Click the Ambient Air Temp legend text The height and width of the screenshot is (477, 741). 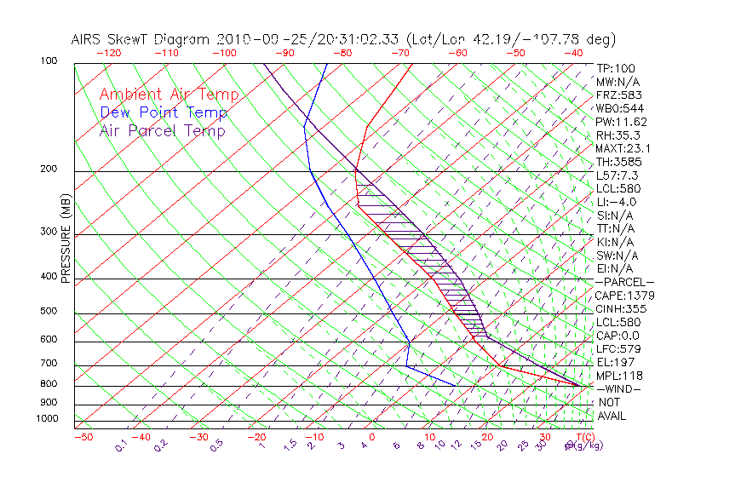[169, 95]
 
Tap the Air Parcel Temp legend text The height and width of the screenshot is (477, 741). [162, 130]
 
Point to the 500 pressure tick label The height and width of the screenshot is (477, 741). [49, 312]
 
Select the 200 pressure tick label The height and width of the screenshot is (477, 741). [49, 170]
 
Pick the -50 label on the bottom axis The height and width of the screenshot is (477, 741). [83, 438]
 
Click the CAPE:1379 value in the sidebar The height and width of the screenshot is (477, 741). [625, 296]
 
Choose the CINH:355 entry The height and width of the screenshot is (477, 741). [622, 309]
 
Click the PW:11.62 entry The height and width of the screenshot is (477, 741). [622, 122]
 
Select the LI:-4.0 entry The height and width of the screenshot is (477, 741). [617, 202]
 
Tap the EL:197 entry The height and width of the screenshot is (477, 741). [616, 362]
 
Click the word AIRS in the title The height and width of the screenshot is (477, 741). [87, 39]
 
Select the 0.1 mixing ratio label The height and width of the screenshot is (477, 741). [120, 445]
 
